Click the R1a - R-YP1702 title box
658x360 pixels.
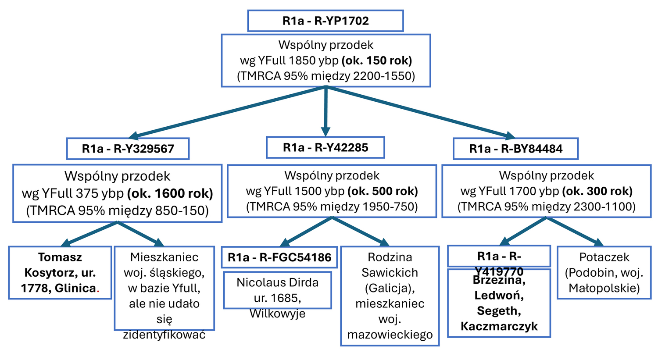pyautogui.click(x=325, y=21)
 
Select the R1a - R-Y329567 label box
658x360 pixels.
pyautogui.click(x=128, y=149)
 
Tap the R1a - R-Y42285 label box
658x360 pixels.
pyautogui.click(x=325, y=148)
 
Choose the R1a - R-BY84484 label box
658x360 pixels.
pyautogui.click(x=515, y=149)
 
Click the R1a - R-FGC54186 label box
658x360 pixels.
pyautogui.click(x=279, y=257)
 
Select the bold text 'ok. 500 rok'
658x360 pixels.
pyautogui.click(x=383, y=191)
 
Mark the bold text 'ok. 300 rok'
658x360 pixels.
pyautogui.click(x=597, y=191)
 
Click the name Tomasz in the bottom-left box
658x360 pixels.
pyautogui.click(x=60, y=257)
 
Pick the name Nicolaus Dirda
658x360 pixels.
pyautogui.click(x=277, y=282)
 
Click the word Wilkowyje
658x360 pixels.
pyautogui.click(x=277, y=314)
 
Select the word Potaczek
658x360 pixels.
pyautogui.click(x=604, y=257)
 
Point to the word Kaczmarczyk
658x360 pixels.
pyautogui.click(x=499, y=326)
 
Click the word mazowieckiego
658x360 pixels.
pyautogui.click(x=390, y=335)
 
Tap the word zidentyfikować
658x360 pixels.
pyautogui.click(x=164, y=335)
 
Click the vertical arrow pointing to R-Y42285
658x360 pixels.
pyautogui.click(x=325, y=110)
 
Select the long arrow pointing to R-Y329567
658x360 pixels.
pyautogui.click(x=228, y=112)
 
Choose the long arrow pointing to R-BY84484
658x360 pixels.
pyautogui.click(x=421, y=112)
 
